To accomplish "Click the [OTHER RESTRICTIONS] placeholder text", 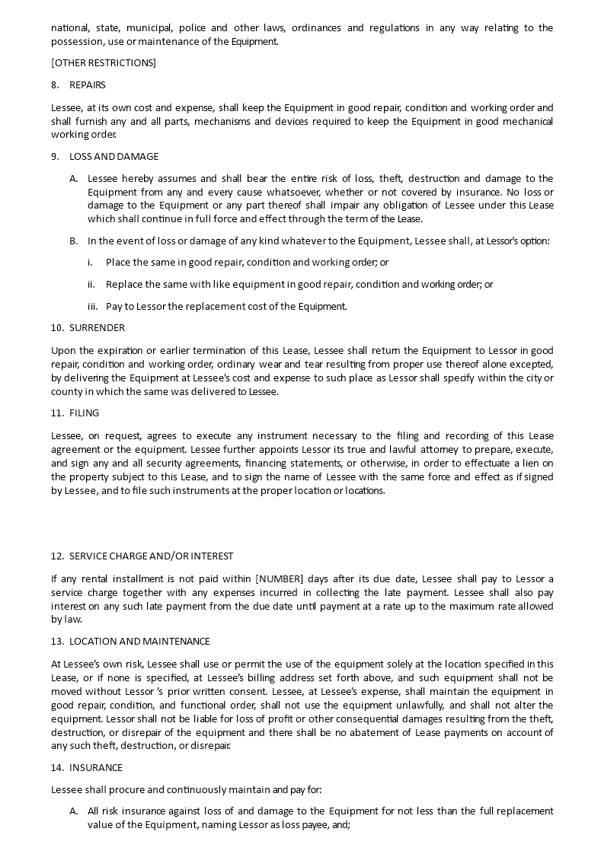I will (x=104, y=62).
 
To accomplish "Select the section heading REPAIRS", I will (x=88, y=84).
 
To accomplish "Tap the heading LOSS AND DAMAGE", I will (x=113, y=156).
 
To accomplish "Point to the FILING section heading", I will (x=84, y=413).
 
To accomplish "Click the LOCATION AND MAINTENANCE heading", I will (x=139, y=642).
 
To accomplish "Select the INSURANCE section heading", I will (x=96, y=767).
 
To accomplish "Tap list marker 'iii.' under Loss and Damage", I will (x=93, y=306).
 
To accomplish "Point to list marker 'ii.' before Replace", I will (x=91, y=284).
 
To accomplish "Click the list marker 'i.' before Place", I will (x=90, y=262).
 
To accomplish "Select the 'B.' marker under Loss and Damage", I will (x=73, y=241).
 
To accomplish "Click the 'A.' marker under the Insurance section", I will (x=73, y=811).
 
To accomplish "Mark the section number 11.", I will (x=57, y=413).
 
